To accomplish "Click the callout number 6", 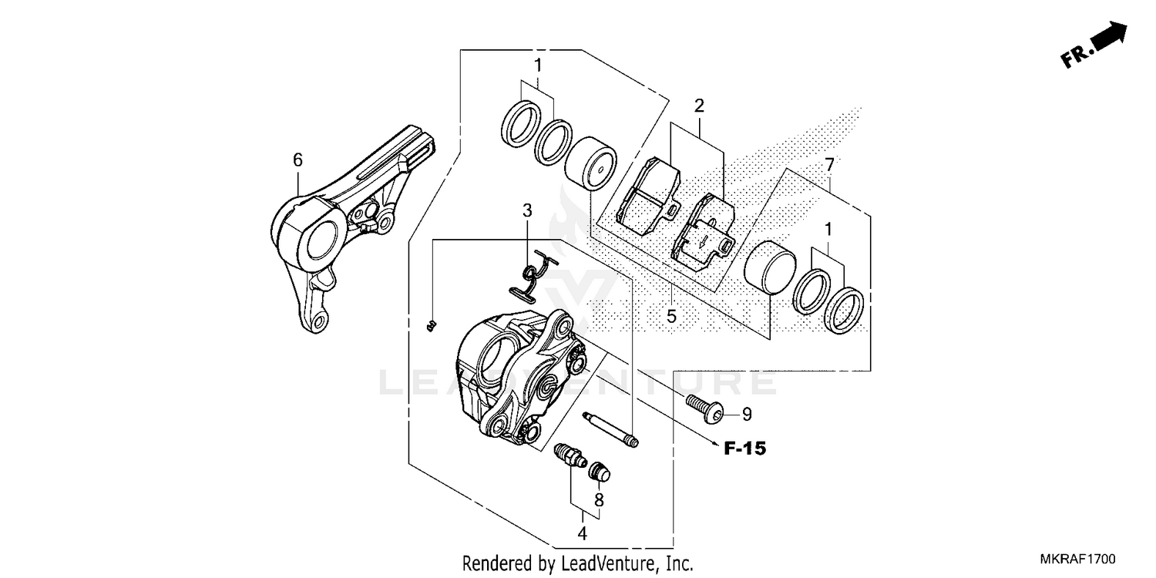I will pyautogui.click(x=297, y=160).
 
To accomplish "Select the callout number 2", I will pyautogui.click(x=699, y=105).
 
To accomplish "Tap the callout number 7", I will pyautogui.click(x=829, y=163).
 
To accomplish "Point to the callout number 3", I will pyautogui.click(x=527, y=210).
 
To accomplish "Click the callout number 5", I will pyautogui.click(x=671, y=315).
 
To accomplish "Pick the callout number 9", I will pyautogui.click(x=746, y=415).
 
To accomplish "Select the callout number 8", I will pyautogui.click(x=599, y=499).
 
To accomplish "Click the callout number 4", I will pyautogui.click(x=583, y=533).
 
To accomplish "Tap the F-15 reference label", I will pyautogui.click(x=744, y=447).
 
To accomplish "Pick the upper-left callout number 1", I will pyautogui.click(x=537, y=64).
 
